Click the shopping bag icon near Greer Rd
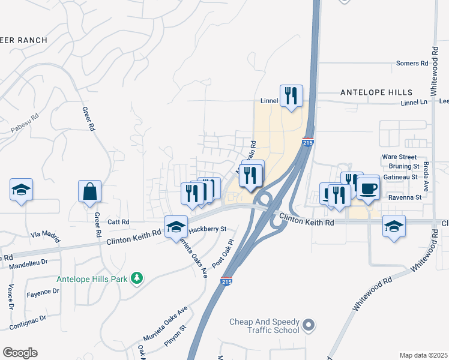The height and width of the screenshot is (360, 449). [x=89, y=191]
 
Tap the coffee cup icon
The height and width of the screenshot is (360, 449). [x=368, y=188]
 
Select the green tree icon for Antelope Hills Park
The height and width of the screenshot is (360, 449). [x=137, y=277]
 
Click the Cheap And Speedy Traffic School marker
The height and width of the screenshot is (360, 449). [x=309, y=326]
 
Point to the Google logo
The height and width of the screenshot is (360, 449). [x=20, y=353]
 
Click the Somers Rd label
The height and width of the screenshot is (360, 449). [x=412, y=63]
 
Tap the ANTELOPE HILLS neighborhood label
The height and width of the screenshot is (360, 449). [x=376, y=92]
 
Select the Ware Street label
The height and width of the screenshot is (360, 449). [x=399, y=157]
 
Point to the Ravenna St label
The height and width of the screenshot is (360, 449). [x=405, y=197]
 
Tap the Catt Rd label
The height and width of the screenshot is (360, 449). [x=118, y=222]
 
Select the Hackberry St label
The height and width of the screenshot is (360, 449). [x=207, y=229]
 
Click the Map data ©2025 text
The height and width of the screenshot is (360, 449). [x=423, y=355]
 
